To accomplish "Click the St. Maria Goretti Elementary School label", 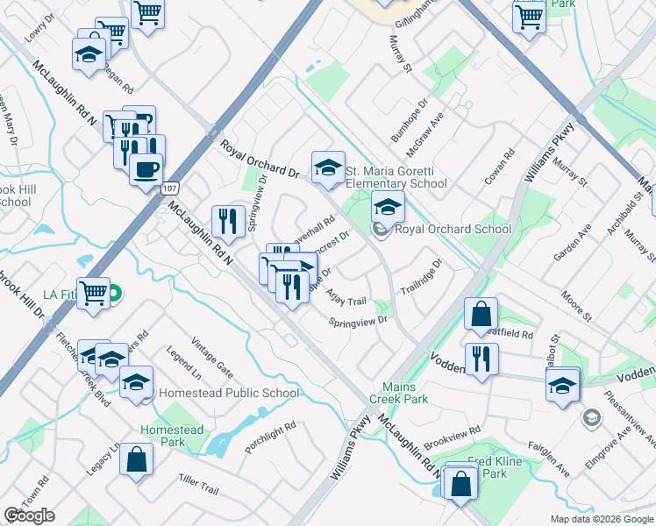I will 396,177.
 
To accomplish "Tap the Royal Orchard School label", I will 453,230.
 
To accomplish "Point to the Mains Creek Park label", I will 405,393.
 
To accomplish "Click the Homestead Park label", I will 172,436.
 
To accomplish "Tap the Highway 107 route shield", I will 170,188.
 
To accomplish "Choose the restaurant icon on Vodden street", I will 481,359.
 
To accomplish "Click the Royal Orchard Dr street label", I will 260,159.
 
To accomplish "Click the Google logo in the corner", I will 29,515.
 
